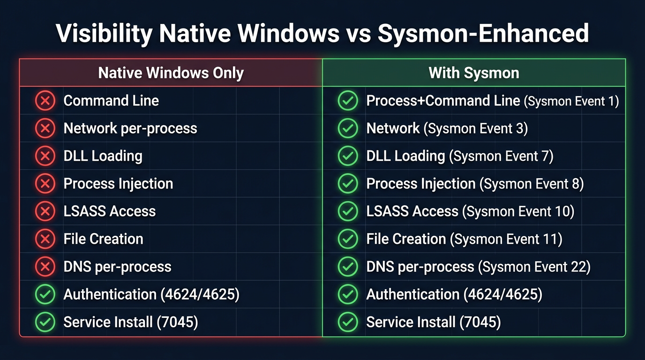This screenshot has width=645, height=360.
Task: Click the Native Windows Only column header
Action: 171,73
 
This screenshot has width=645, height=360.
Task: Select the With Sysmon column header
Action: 473,73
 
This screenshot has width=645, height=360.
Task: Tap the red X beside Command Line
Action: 45,101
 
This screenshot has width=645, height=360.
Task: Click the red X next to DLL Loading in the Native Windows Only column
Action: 45,156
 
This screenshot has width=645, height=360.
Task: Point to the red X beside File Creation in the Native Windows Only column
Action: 45,239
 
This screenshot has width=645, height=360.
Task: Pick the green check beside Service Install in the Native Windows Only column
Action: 45,322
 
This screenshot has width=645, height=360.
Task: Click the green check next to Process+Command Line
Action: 348,101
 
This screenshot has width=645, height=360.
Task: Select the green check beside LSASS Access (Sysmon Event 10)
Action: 348,211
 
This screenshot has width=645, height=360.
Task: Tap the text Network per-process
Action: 130,128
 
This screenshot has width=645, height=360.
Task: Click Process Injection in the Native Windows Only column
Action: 118,184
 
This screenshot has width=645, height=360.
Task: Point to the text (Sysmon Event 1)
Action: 571,101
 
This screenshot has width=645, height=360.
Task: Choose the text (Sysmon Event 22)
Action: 534,267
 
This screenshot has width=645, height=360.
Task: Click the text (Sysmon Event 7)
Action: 501,157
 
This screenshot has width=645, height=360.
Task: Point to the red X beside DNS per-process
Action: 45,267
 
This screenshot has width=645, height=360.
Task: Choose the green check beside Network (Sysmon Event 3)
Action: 348,128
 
